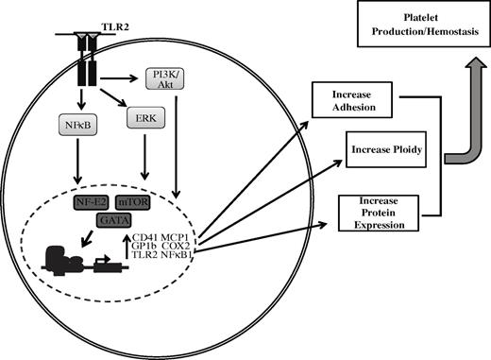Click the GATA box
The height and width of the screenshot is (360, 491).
pyautogui.click(x=112, y=219)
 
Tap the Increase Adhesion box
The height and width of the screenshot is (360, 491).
pyautogui.click(x=348, y=100)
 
